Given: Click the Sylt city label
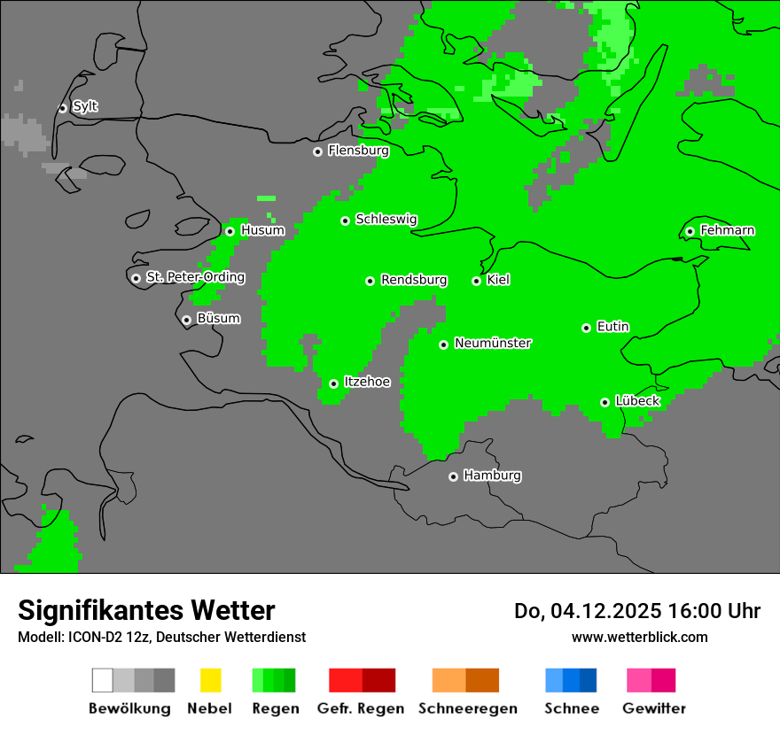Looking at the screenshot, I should (85, 107).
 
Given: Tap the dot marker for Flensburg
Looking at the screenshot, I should (317, 151).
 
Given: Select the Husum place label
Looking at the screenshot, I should (262, 230).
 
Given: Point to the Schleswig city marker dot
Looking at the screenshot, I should (345, 220).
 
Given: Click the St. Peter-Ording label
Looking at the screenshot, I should (195, 277).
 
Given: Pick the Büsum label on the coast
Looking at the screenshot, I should (218, 319).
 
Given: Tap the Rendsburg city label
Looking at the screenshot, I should (413, 280).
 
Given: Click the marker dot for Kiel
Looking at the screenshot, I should (476, 281).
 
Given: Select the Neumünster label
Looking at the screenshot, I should (492, 343).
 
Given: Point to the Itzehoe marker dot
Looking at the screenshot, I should (333, 383).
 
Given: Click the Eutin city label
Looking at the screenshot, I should (612, 327).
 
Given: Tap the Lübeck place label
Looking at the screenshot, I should (636, 401).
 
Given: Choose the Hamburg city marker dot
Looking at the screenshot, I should (453, 476).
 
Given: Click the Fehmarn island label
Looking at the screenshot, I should (727, 230).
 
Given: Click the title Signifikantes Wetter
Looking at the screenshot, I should (146, 610).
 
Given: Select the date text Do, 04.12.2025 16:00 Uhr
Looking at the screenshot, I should (636, 611).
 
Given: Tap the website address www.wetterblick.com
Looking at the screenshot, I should (639, 637).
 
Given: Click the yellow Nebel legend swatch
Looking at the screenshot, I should (210, 680).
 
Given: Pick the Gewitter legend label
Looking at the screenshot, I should (653, 708).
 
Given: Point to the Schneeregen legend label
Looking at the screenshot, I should (467, 708).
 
